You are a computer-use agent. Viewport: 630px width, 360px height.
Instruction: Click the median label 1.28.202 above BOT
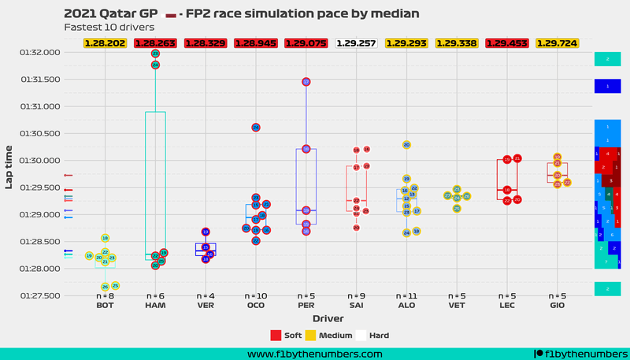(105, 43)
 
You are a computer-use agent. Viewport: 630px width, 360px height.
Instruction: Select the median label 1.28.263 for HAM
(155, 43)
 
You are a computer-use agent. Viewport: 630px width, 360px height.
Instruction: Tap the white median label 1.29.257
(356, 43)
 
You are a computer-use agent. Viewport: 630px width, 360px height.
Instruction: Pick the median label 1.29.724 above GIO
(557, 43)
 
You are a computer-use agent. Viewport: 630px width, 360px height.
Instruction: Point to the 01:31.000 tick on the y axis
(39, 106)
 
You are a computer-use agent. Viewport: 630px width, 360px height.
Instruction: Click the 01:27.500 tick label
(39, 296)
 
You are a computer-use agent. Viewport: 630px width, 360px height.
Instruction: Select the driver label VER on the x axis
(206, 305)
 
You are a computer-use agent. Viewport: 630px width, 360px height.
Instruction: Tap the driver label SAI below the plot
(356, 305)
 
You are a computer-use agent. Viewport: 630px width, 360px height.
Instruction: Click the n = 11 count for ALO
(406, 296)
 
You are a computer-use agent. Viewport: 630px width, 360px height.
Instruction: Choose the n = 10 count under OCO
(256, 296)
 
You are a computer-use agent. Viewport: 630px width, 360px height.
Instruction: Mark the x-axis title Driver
(328, 318)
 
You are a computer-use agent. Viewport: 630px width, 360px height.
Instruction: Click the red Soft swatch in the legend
(276, 335)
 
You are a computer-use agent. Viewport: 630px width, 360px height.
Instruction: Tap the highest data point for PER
(306, 81)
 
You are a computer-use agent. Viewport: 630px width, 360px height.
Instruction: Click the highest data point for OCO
(256, 127)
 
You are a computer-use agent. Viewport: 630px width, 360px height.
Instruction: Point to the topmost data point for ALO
(406, 145)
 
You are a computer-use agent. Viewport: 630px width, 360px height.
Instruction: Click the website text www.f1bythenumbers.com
(315, 354)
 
